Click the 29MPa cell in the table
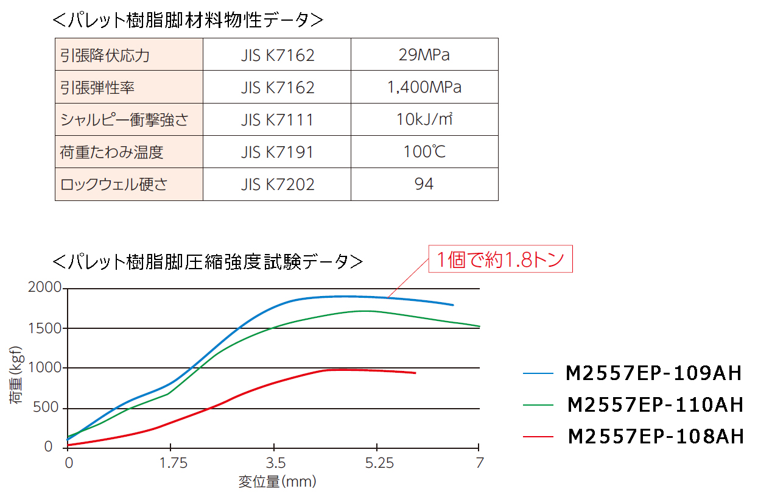click(x=424, y=55)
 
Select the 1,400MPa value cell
click(x=424, y=88)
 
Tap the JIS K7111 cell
click(x=277, y=120)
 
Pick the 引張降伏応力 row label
click(x=105, y=55)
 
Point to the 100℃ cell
click(x=424, y=152)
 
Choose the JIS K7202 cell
click(x=277, y=184)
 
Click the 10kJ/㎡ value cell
click(x=424, y=120)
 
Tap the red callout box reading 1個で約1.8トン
click(x=500, y=260)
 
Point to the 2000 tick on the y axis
click(x=44, y=287)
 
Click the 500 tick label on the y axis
click(x=49, y=407)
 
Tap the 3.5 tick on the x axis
click(x=275, y=464)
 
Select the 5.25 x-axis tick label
click(x=379, y=464)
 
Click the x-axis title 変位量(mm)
click(x=277, y=482)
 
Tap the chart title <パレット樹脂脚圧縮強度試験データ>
click(x=208, y=262)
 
